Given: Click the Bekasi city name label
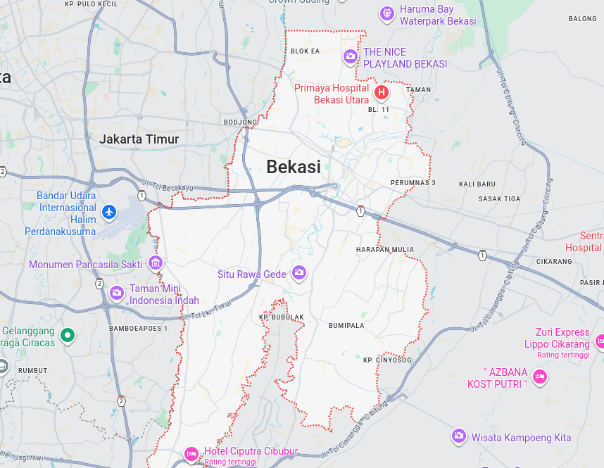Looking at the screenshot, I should [293, 167].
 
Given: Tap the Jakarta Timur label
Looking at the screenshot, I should [139, 139].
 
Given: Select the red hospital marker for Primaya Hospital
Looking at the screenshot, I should [382, 92].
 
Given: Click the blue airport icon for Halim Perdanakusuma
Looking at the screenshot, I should [108, 211].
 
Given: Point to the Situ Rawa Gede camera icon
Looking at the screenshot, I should [299, 272].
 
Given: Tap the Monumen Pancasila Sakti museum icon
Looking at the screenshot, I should [156, 263].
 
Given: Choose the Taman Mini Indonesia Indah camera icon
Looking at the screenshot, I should [117, 293].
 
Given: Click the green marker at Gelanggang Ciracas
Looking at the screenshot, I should [68, 335].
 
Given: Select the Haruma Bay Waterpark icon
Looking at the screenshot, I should [386, 13].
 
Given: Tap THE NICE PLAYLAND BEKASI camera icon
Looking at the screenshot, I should [350, 56].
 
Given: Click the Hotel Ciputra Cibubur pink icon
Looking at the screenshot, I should [191, 454].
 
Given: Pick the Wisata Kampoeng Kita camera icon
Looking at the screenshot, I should [459, 436].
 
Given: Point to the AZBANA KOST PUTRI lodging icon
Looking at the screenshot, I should [540, 377].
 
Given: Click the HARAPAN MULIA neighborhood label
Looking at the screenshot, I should [384, 250].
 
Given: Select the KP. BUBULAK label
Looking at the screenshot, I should [282, 317].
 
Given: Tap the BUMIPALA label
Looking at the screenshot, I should [346, 326].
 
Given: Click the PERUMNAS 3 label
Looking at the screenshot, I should [413, 183].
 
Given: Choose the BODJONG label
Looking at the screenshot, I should [240, 122].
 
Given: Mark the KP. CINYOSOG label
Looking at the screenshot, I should [387, 360].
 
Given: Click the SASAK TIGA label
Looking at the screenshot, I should [500, 199].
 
